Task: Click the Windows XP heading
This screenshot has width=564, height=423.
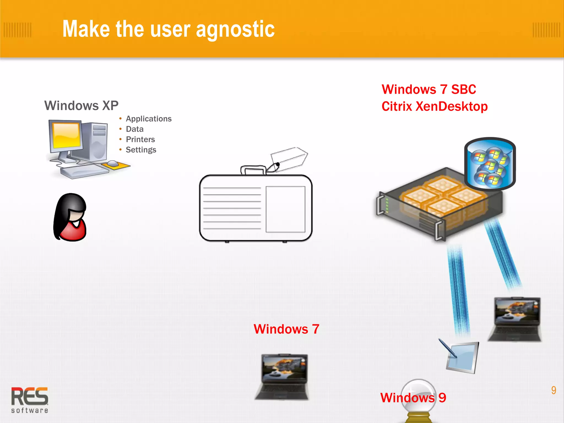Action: coord(81,105)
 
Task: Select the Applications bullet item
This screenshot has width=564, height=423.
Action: coord(148,119)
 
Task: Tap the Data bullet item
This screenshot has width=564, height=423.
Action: coord(134,129)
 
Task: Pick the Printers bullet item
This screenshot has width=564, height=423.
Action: coord(140,139)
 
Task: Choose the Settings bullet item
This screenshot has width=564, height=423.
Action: coord(141,150)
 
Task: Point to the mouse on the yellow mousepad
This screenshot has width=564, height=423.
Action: coord(113,163)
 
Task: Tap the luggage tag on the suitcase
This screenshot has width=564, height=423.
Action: coord(289,159)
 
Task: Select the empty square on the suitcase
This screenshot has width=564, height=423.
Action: coord(285,209)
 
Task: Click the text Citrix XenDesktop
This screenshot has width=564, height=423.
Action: coord(434,107)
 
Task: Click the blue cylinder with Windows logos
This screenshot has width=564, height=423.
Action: coord(490,164)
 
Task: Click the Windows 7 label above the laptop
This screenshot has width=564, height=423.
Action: coord(286,329)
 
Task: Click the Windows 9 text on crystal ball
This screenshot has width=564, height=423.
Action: coord(413,398)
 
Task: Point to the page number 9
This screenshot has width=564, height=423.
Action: coord(554,390)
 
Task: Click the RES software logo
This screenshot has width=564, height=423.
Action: coord(30,400)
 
